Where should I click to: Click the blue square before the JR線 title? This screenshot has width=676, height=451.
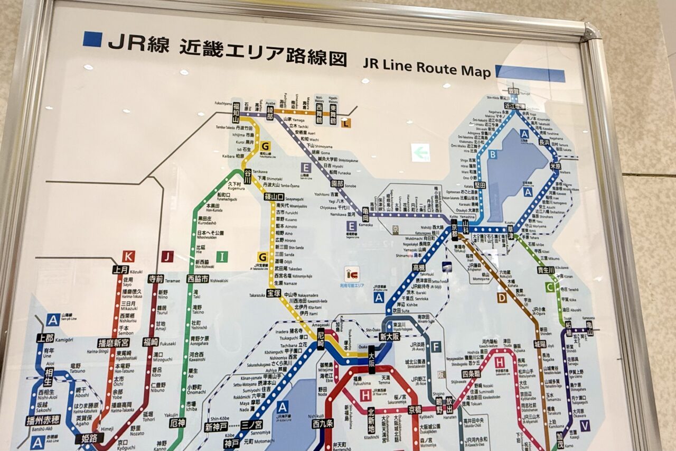click(x=92, y=39)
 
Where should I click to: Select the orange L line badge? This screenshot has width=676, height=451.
click(x=345, y=124)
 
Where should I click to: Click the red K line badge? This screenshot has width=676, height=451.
click(x=128, y=256)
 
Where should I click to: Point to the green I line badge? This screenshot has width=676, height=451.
click(x=222, y=257)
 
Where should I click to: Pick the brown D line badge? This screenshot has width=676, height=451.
click(x=501, y=298)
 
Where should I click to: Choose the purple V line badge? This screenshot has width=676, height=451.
click(x=585, y=425)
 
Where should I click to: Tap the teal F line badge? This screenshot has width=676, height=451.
click(x=436, y=347)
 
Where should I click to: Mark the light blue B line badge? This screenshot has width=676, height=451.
click(x=492, y=154)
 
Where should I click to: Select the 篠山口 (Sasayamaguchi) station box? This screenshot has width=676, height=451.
click(x=275, y=197)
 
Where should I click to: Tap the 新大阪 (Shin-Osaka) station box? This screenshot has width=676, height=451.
click(x=390, y=336)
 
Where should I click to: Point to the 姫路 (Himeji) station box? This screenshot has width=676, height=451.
click(x=89, y=438)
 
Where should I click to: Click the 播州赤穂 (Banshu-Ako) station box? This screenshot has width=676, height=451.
click(x=43, y=420)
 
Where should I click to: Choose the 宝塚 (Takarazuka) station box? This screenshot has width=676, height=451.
click(x=274, y=292)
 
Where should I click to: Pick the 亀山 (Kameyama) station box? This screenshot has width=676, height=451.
click(x=589, y=328)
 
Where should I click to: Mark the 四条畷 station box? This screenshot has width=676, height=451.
click(x=471, y=374)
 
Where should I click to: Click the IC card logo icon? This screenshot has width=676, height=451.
click(x=352, y=273)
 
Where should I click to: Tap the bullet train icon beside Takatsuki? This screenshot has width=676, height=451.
click(x=447, y=267)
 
